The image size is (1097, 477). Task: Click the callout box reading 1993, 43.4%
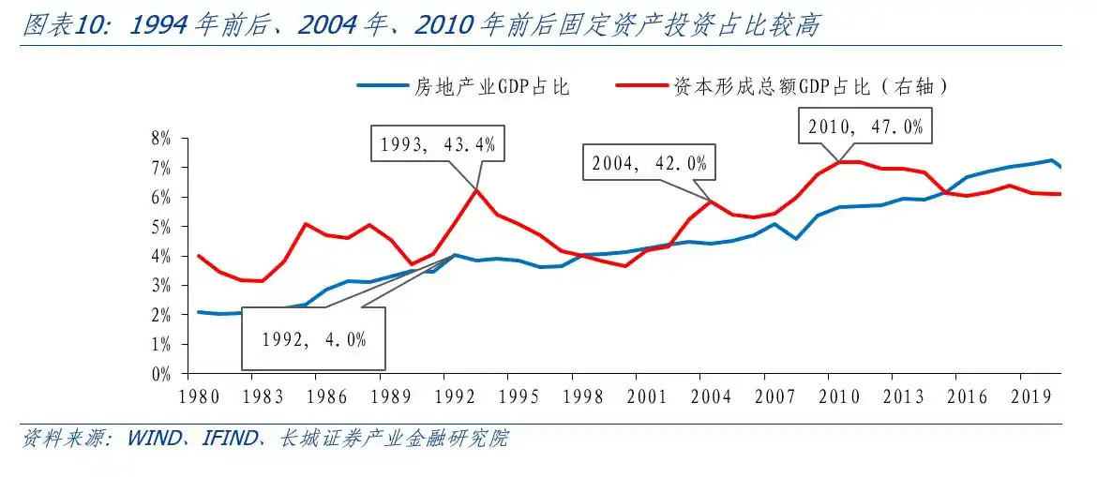[438, 145]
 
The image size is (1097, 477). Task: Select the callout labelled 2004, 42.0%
[649, 163]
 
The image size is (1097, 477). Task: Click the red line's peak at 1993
[476, 189]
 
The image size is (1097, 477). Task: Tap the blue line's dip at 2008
[796, 238]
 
